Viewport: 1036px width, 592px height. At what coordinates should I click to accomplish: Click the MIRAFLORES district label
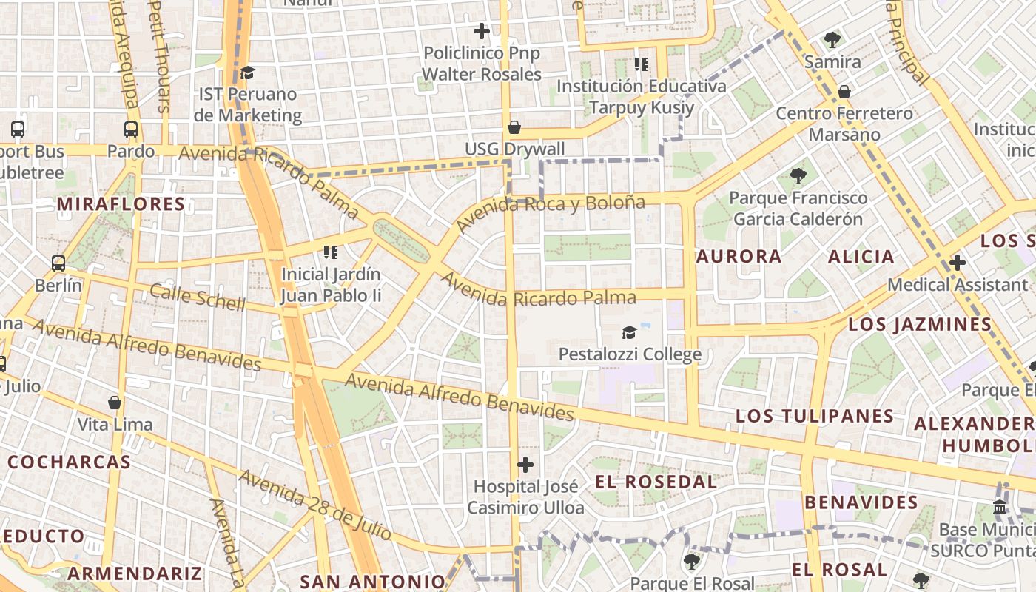pos(121,204)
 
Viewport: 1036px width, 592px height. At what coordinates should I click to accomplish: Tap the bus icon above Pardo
pos(131,129)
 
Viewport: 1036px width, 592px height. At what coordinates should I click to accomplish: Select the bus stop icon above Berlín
pos(58,263)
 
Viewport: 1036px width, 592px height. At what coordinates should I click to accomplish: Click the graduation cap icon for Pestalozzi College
pos(629,332)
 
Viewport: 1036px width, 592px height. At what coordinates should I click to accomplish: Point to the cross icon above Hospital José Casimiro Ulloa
pos(525,465)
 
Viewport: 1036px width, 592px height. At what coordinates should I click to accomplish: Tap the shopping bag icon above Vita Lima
pos(115,403)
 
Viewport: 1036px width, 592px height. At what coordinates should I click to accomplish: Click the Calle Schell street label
pos(197,297)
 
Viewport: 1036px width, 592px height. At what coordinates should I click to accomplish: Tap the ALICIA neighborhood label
pos(861,257)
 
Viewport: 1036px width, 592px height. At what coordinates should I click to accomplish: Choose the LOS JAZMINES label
pos(920,324)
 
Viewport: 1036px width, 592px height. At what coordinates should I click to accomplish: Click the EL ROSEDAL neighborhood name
pos(656,482)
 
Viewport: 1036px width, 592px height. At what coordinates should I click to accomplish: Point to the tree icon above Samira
pos(832,40)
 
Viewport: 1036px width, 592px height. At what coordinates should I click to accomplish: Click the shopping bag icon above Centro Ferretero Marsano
pos(844,92)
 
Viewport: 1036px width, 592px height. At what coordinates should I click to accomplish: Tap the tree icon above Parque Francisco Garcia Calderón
pos(798,176)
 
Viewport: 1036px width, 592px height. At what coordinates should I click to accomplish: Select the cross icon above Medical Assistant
pos(958,263)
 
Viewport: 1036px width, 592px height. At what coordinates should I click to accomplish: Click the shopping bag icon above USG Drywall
pos(514,127)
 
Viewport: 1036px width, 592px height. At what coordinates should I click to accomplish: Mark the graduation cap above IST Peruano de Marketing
pos(247,73)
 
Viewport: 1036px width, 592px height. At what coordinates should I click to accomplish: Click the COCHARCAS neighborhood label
pos(70,462)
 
